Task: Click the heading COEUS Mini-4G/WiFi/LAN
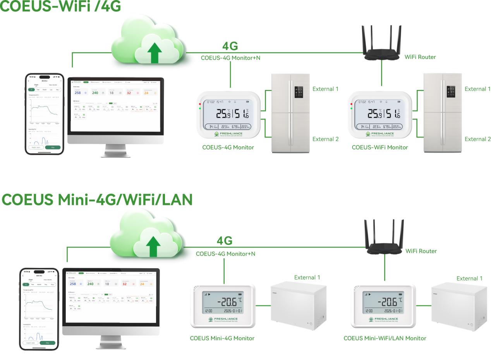click(97, 200)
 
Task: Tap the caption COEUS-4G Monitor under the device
click(228, 147)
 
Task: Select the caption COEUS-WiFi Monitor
click(379, 147)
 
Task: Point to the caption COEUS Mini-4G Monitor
click(222, 338)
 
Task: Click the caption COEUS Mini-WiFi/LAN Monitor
click(385, 338)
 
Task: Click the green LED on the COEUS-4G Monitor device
click(200, 109)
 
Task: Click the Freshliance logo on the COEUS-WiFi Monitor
click(379, 134)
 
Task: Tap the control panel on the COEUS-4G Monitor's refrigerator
click(299, 91)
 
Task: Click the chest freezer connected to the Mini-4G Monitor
click(298, 306)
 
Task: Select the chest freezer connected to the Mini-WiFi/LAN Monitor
click(459, 306)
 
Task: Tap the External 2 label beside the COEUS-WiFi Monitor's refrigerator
click(477, 139)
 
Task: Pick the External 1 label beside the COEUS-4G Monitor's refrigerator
click(325, 89)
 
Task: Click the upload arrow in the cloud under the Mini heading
click(153, 246)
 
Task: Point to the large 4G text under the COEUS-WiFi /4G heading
click(230, 46)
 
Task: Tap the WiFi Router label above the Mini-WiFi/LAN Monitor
click(421, 251)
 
